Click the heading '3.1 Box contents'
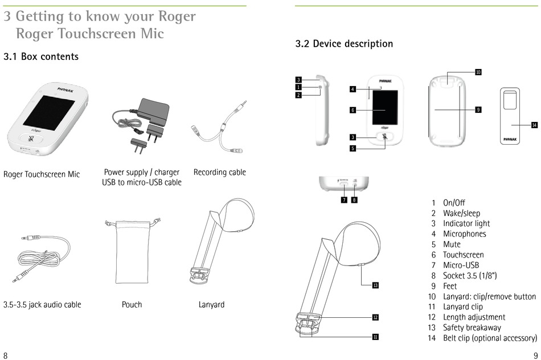41,57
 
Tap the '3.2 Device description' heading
344,44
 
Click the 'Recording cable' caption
220,172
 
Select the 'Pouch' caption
132,305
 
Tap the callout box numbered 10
478,72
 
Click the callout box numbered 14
534,125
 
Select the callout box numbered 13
375,285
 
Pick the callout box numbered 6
353,110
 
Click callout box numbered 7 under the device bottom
345,200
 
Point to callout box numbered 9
478,109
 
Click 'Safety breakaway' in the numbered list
472,328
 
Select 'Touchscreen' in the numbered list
463,255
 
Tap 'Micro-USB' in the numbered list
461,265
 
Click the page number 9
536,355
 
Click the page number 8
5,355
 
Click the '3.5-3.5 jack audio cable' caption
42,305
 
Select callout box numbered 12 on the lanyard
375,317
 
